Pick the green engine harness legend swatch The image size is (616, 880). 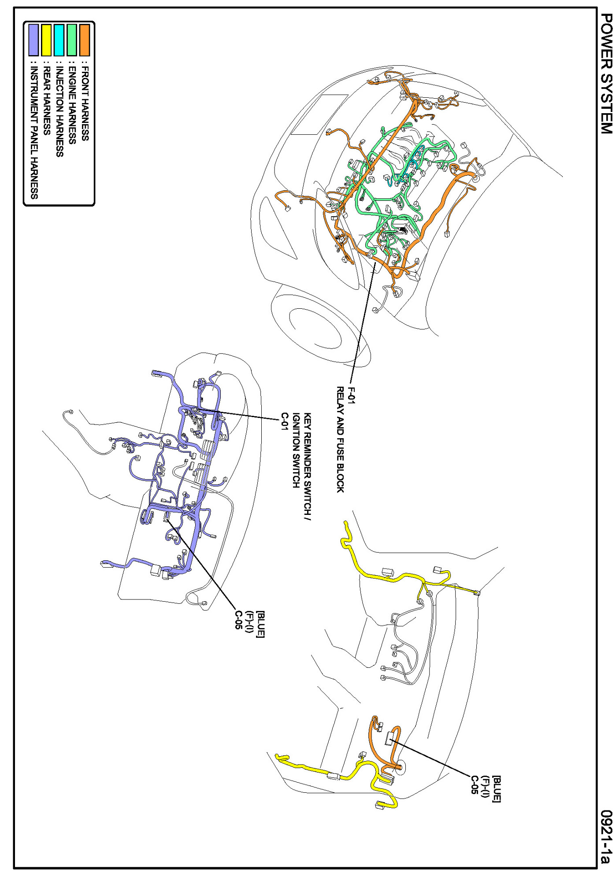72,40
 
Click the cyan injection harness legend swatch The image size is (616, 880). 59,40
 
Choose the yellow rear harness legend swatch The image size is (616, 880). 46,40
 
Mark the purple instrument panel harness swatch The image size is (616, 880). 33,40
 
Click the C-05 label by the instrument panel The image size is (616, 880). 238,620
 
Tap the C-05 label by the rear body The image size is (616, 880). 474,785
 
